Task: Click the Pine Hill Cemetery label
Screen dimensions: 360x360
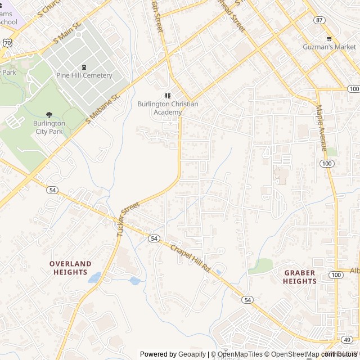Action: (x=84, y=75)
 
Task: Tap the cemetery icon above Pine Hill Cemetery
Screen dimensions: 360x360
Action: (x=84, y=66)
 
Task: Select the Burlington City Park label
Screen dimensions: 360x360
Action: (x=48, y=128)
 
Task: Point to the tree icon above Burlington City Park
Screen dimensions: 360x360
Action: (x=48, y=115)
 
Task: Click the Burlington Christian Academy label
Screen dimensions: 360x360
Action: (x=160, y=108)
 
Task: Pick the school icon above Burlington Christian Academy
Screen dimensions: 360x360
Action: (x=167, y=96)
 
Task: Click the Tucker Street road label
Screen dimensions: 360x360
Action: (x=128, y=219)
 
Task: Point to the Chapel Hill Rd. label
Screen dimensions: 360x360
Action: (x=190, y=258)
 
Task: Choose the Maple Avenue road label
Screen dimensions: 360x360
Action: (x=321, y=128)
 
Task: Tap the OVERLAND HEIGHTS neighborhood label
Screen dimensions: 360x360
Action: (x=70, y=268)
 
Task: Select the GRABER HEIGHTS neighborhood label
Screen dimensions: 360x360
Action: (x=299, y=277)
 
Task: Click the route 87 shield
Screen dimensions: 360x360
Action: (x=319, y=20)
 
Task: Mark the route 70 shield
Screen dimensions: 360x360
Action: (x=7, y=42)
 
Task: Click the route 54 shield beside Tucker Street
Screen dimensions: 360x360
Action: (x=154, y=238)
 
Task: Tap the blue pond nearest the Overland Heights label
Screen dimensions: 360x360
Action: (x=94, y=277)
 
